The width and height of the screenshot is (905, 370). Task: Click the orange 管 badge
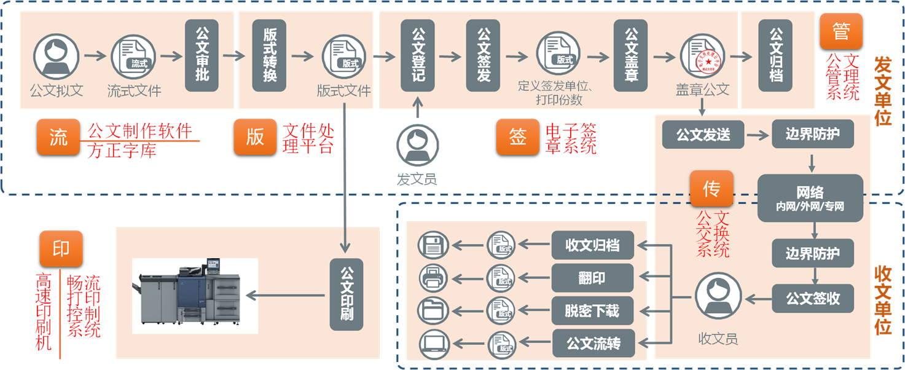point(840,32)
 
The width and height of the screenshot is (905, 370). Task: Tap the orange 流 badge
point(58,136)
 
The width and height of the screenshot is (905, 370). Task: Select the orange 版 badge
point(255,136)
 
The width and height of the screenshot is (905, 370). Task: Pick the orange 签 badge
point(518,136)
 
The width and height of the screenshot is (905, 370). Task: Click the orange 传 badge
point(711,189)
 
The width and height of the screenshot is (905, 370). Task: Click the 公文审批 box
point(202,55)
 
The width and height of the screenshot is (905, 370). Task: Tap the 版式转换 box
point(269,55)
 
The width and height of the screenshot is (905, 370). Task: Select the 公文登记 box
point(417,55)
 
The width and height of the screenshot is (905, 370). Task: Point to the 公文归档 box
point(775,55)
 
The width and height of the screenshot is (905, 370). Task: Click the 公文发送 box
point(703,135)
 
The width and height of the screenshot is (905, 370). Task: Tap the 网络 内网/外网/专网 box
point(810,198)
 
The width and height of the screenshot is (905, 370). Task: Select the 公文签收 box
point(813,299)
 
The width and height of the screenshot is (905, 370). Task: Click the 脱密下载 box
point(592,311)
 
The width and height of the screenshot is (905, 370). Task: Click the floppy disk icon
point(434,246)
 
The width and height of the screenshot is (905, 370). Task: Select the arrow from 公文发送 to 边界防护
point(758,135)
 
